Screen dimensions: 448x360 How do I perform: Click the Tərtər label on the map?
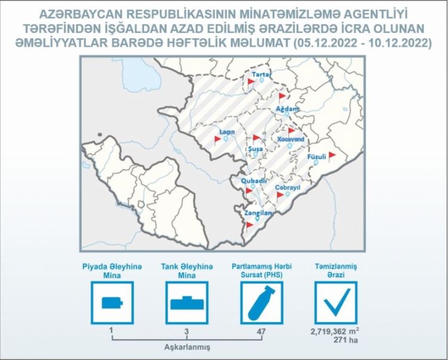click(262, 75)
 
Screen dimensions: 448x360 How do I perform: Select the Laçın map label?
click(227, 132)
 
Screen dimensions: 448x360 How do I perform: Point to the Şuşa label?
click(256, 149)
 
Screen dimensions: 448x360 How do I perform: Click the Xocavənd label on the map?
click(291, 139)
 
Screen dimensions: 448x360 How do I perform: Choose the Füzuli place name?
click(317, 157)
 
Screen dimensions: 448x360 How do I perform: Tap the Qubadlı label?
click(254, 181)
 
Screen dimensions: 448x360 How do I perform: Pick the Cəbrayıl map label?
click(287, 187)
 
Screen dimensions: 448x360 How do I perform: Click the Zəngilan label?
click(258, 213)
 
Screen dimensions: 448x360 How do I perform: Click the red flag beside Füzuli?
click(332, 156)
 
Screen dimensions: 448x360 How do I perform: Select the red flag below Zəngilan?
click(249, 226)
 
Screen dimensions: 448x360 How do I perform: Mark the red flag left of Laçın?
click(217, 140)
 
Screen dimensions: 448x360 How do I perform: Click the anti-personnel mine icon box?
click(112, 303)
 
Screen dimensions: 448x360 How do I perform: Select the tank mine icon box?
click(187, 303)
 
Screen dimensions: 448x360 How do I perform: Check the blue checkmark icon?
click(336, 303)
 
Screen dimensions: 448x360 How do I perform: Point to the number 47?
click(261, 331)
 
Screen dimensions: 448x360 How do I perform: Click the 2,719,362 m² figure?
click(335, 332)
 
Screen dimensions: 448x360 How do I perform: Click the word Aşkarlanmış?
click(187, 347)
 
